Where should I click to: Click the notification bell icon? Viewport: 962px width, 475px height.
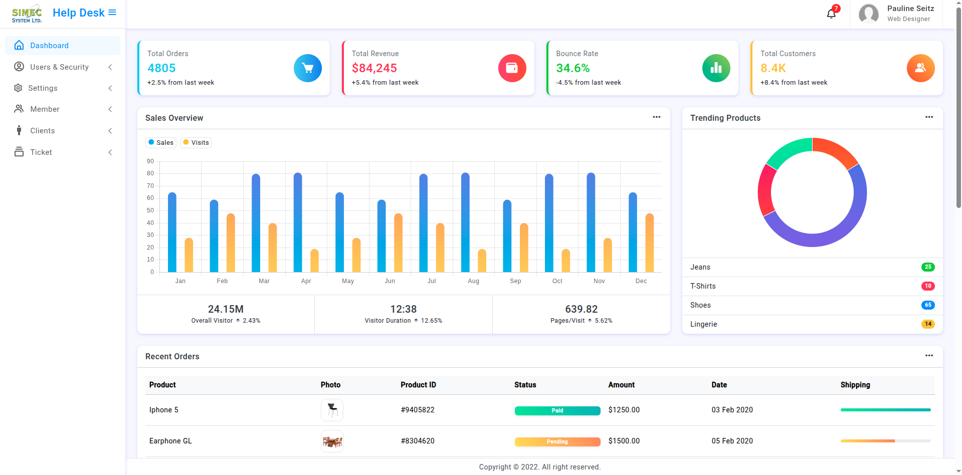pyautogui.click(x=831, y=14)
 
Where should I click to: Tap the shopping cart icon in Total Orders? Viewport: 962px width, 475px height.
pyautogui.click(x=308, y=68)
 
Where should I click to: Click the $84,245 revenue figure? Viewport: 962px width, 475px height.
pyautogui.click(x=374, y=68)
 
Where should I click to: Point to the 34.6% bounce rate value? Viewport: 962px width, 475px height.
pyautogui.click(x=573, y=68)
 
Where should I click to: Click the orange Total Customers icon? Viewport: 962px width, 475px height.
pyautogui.click(x=921, y=68)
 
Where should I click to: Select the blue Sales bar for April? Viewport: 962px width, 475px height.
pyautogui.click(x=298, y=222)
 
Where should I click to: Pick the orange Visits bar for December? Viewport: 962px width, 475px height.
pyautogui.click(x=650, y=243)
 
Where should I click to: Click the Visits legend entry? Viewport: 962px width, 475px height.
pyautogui.click(x=196, y=143)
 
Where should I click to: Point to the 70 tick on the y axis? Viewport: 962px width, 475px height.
pyautogui.click(x=150, y=186)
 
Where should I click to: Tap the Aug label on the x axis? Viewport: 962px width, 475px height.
pyautogui.click(x=474, y=281)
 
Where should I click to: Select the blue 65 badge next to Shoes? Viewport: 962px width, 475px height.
pyautogui.click(x=928, y=305)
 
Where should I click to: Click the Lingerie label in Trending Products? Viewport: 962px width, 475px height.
pyautogui.click(x=704, y=324)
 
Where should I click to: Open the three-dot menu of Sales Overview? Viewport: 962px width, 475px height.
pyautogui.click(x=657, y=117)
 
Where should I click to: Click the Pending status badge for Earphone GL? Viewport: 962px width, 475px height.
pyautogui.click(x=557, y=442)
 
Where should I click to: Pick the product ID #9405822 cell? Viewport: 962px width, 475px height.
pyautogui.click(x=418, y=410)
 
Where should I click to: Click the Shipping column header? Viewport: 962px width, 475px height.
pyautogui.click(x=855, y=385)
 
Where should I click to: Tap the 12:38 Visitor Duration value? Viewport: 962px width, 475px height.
pyautogui.click(x=404, y=309)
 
